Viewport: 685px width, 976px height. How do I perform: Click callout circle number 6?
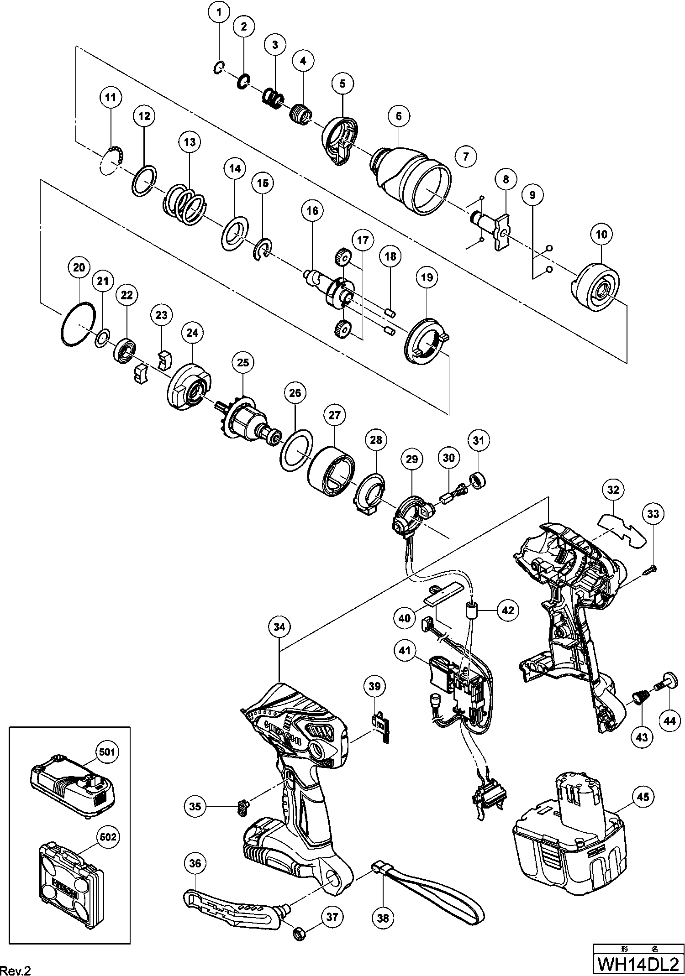coord(399,116)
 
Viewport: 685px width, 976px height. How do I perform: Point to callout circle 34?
coord(279,627)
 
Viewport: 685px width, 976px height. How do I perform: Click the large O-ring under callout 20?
coord(78,324)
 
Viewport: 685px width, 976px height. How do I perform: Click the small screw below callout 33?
coord(651,569)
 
